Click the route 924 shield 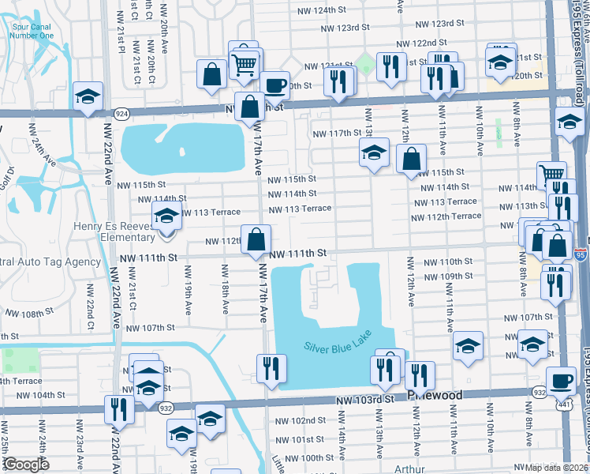tap(122, 115)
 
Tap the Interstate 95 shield tap(581, 254)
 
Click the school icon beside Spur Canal tap(88, 96)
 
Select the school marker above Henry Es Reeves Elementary tap(166, 216)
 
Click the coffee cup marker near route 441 tap(560, 381)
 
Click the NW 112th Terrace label tap(446, 216)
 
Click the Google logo tap(26, 465)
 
